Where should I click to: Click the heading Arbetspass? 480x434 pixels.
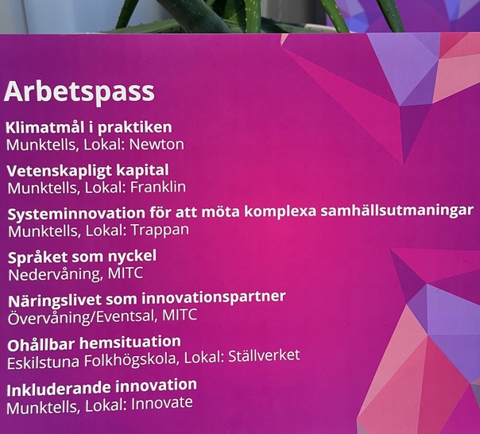[79, 91]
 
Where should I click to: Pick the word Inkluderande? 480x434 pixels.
[55, 389]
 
